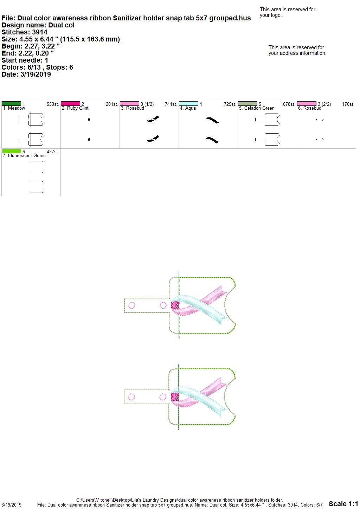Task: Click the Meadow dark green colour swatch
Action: coord(11,104)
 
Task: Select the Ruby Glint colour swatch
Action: coord(70,104)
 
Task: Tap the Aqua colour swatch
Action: coord(189,104)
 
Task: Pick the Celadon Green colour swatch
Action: coord(248,104)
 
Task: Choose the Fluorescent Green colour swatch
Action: coord(11,151)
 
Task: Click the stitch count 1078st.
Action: coord(288,104)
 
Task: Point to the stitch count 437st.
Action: coord(53,152)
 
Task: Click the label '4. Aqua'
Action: coord(188,108)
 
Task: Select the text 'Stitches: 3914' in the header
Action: coord(24,32)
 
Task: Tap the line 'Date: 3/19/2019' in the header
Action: coord(26,74)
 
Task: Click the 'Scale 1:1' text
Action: coord(343,504)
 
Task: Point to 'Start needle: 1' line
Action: coord(25,60)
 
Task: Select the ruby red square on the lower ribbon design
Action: coord(175,397)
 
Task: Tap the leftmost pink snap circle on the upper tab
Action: coord(132,305)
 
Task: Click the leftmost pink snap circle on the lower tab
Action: coord(131,397)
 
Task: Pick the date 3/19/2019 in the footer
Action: coord(11,505)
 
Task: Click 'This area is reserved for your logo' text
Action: coord(288,12)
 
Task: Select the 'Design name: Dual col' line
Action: coord(38,25)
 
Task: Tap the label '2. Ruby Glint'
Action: coord(75,108)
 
